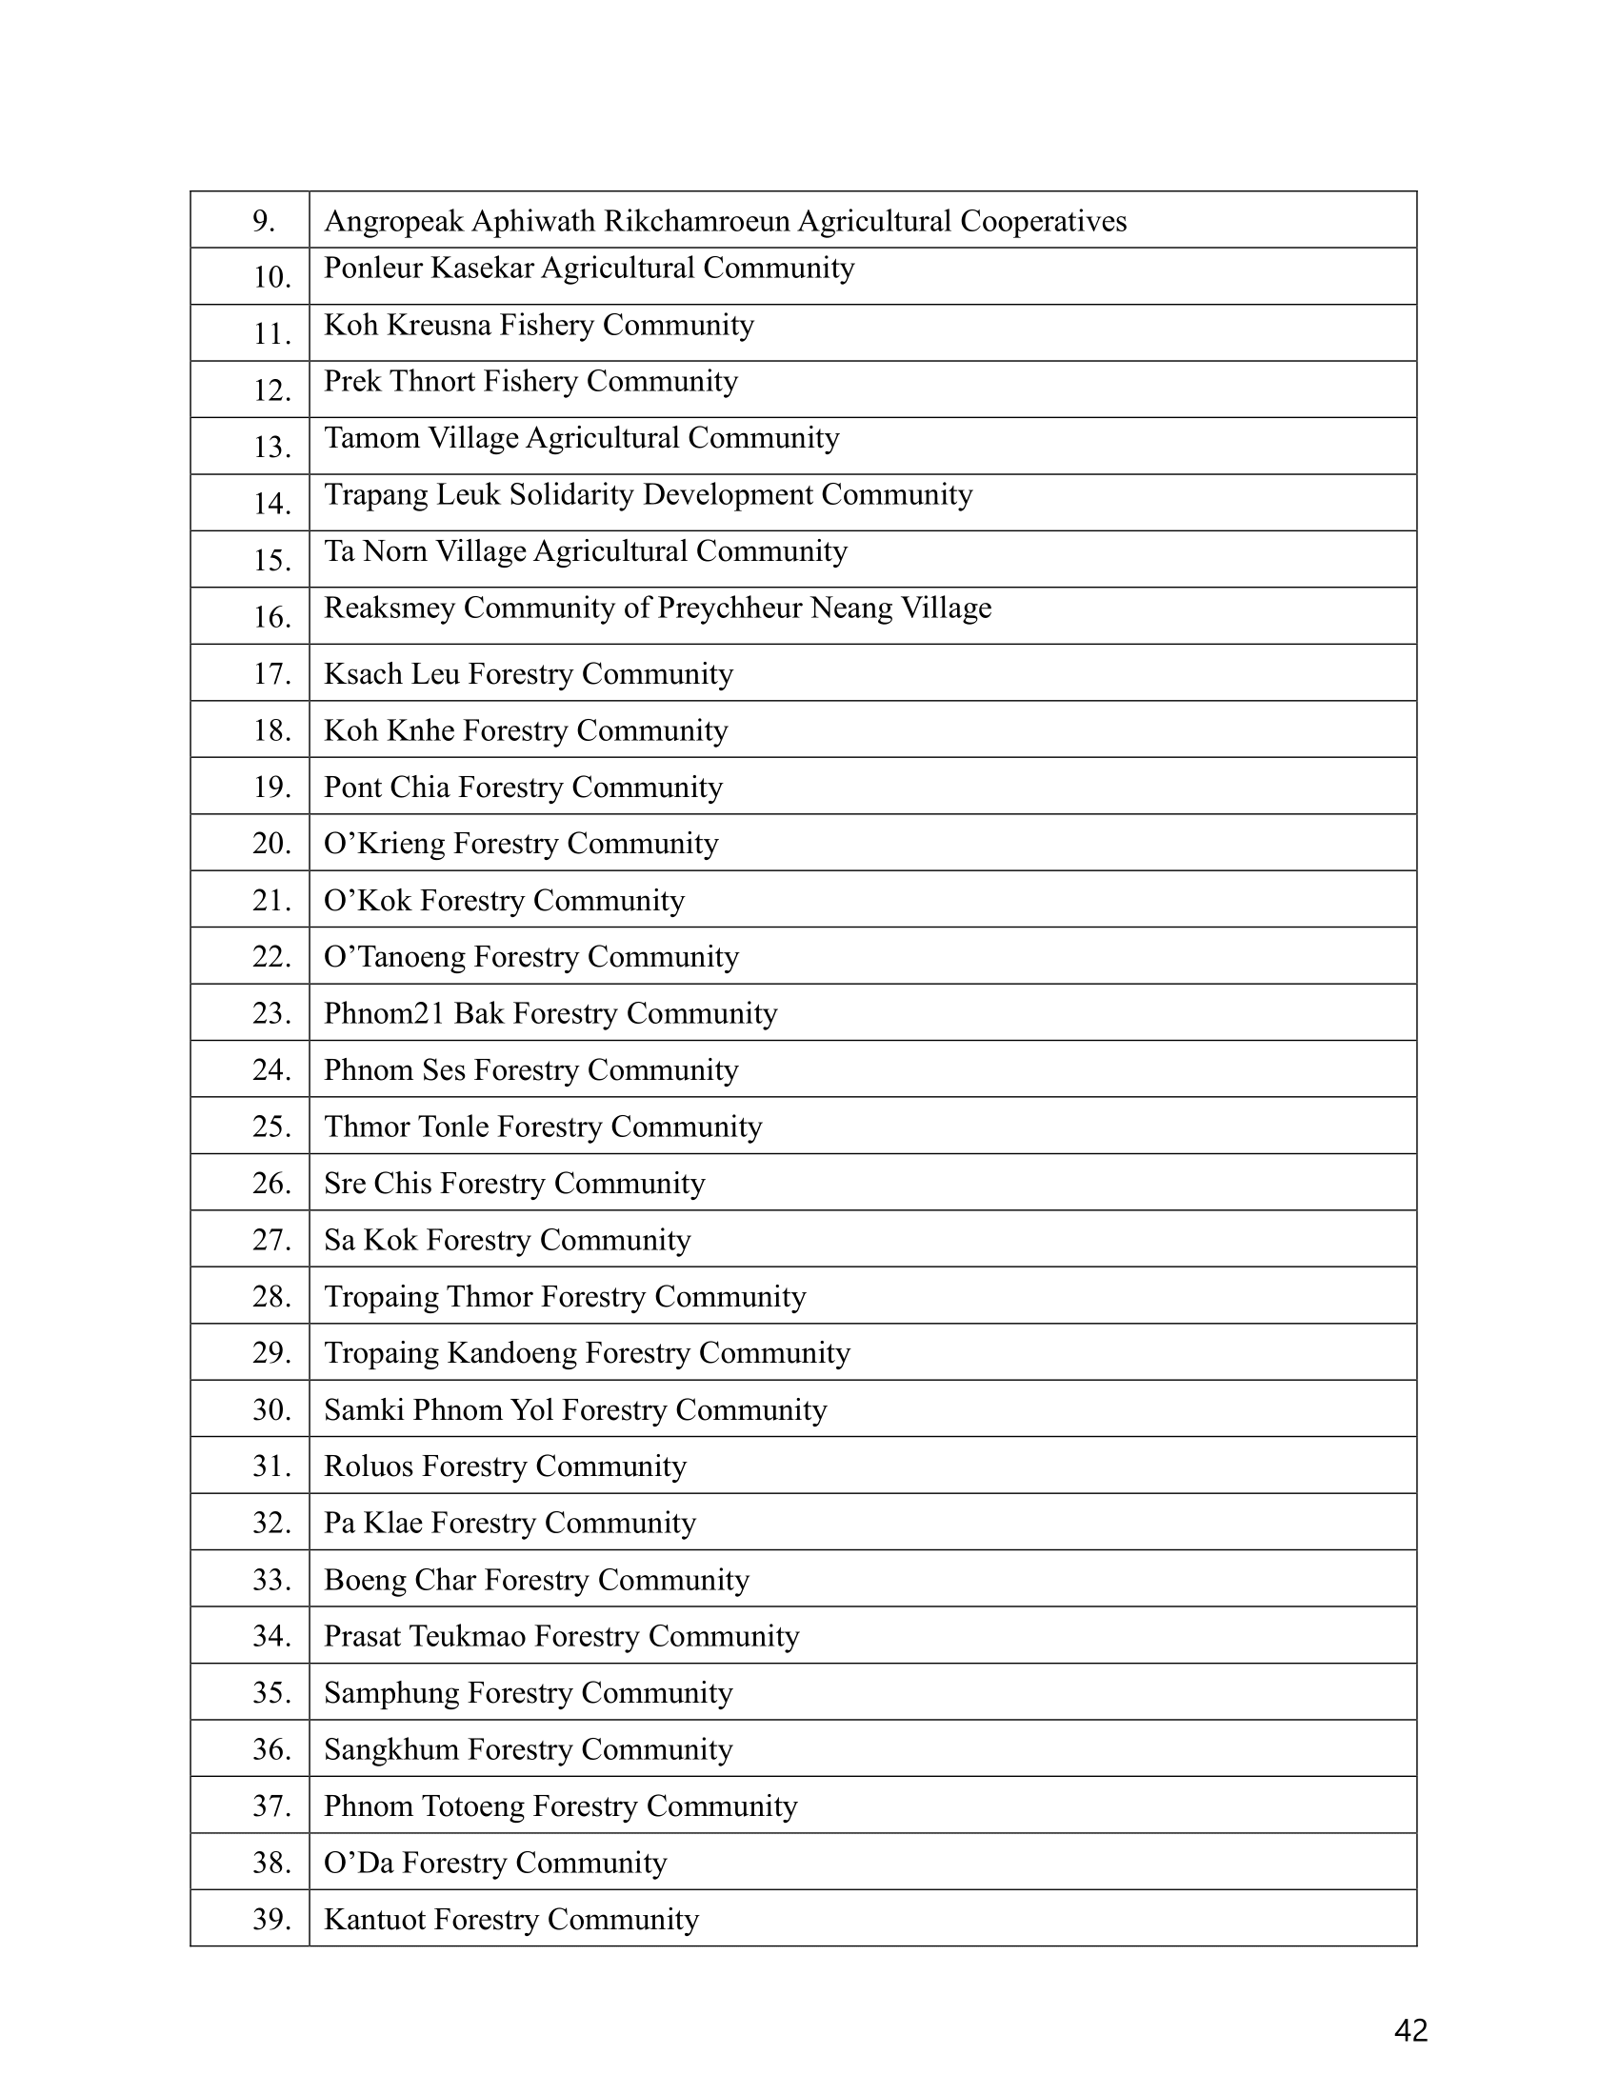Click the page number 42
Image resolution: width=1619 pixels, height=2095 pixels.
click(x=1410, y=2030)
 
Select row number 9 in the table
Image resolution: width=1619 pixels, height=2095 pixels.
click(x=264, y=222)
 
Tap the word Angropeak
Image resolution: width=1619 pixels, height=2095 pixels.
click(x=393, y=222)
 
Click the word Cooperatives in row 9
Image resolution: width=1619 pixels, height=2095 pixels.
click(x=1044, y=222)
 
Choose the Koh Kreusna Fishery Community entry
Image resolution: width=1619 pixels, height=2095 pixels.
click(x=539, y=325)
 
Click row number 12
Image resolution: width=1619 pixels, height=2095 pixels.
click(x=271, y=390)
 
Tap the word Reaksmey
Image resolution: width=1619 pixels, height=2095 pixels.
click(x=390, y=609)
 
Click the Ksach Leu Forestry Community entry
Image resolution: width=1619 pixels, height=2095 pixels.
click(x=529, y=674)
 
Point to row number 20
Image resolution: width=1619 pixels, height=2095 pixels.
click(x=271, y=843)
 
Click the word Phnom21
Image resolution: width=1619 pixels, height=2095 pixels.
click(x=385, y=1014)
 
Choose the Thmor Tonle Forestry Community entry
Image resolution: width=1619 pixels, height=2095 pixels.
click(x=543, y=1127)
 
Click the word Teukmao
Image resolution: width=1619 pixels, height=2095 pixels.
click(x=467, y=1636)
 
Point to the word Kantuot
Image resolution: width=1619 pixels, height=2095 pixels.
click(x=375, y=1920)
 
